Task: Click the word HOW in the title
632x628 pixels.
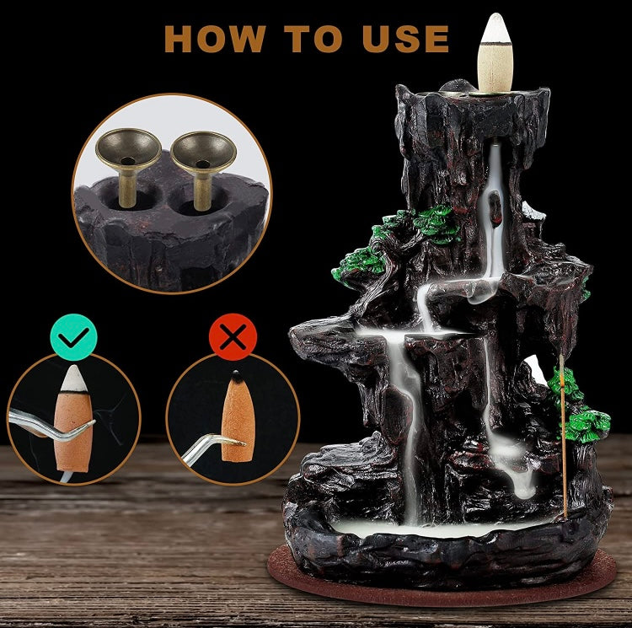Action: [215, 39]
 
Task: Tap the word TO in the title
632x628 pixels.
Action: [313, 39]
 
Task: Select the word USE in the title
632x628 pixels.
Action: [405, 39]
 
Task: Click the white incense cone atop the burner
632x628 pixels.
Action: [495, 52]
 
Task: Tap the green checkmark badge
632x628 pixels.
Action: [74, 337]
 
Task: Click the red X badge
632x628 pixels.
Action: [233, 337]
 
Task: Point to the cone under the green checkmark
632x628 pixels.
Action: [73, 418]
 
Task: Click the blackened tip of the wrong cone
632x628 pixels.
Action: [237, 377]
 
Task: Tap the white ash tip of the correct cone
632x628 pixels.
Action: [74, 378]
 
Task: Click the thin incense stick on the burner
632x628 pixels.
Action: [564, 437]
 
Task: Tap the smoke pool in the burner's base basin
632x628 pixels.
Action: [439, 529]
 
